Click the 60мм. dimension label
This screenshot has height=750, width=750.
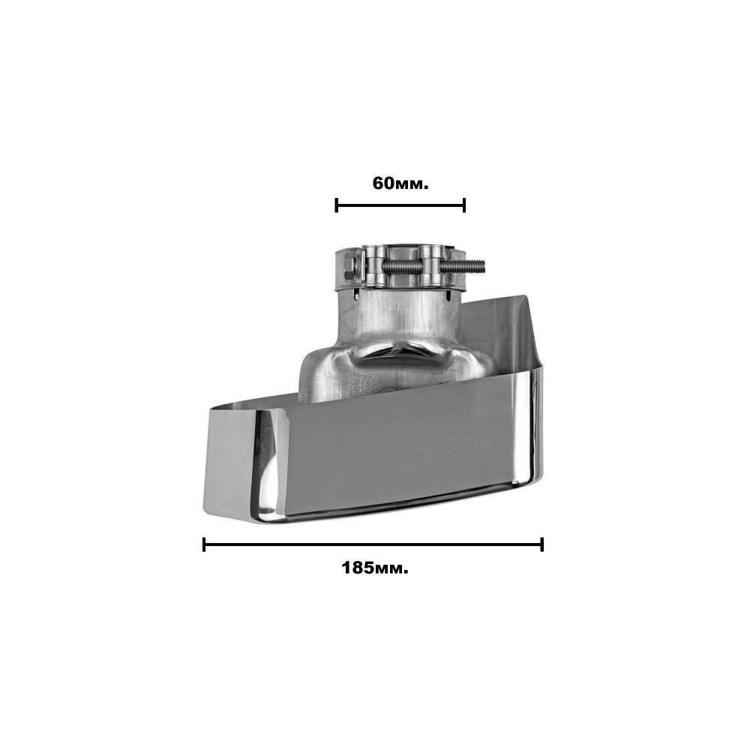coord(400,183)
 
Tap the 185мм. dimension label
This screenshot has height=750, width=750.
coord(375,568)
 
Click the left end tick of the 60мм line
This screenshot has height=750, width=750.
coord(337,205)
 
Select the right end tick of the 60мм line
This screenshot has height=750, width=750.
coord(463,205)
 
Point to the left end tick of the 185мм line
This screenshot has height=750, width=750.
coord(204,544)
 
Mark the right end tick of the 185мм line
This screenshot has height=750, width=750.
coord(541,544)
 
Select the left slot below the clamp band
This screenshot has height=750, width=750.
coord(357,297)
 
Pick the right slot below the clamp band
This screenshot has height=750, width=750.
coord(449,296)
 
